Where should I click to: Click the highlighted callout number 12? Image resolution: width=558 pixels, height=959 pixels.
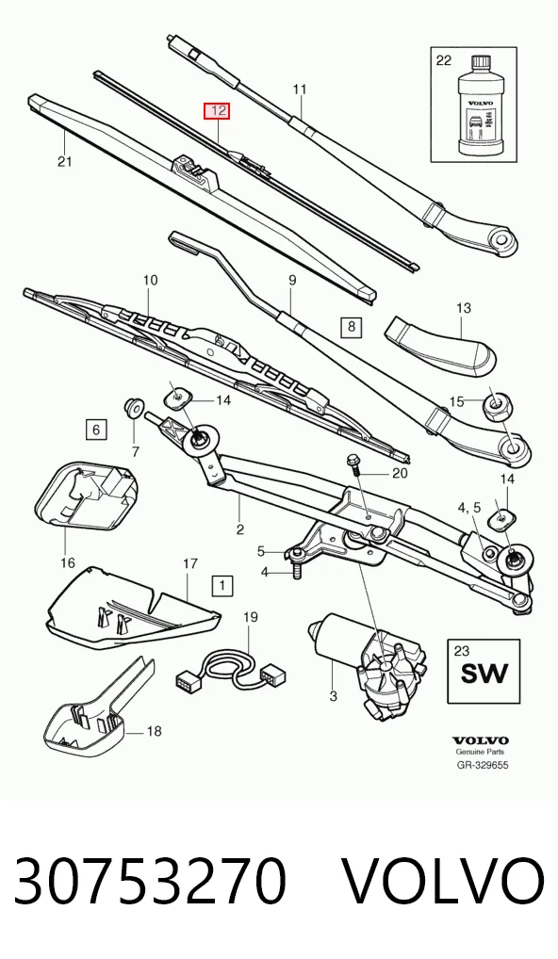coord(217,111)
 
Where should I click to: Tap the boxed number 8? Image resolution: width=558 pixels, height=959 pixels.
coord(352,326)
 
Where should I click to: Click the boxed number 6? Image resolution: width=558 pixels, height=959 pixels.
coord(96,430)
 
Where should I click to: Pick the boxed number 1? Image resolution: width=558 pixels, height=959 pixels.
coord(222,586)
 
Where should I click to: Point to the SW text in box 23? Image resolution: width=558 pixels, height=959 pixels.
coord(484,673)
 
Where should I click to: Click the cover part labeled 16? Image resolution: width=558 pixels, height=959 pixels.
coord(87,495)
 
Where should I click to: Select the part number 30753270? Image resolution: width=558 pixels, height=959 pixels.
coord(149,880)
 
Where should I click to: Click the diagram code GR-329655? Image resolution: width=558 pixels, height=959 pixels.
coord(483,765)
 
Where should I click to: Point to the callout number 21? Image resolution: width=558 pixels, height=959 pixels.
coord(65,161)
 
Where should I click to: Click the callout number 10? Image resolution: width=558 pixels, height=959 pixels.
coord(151,280)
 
